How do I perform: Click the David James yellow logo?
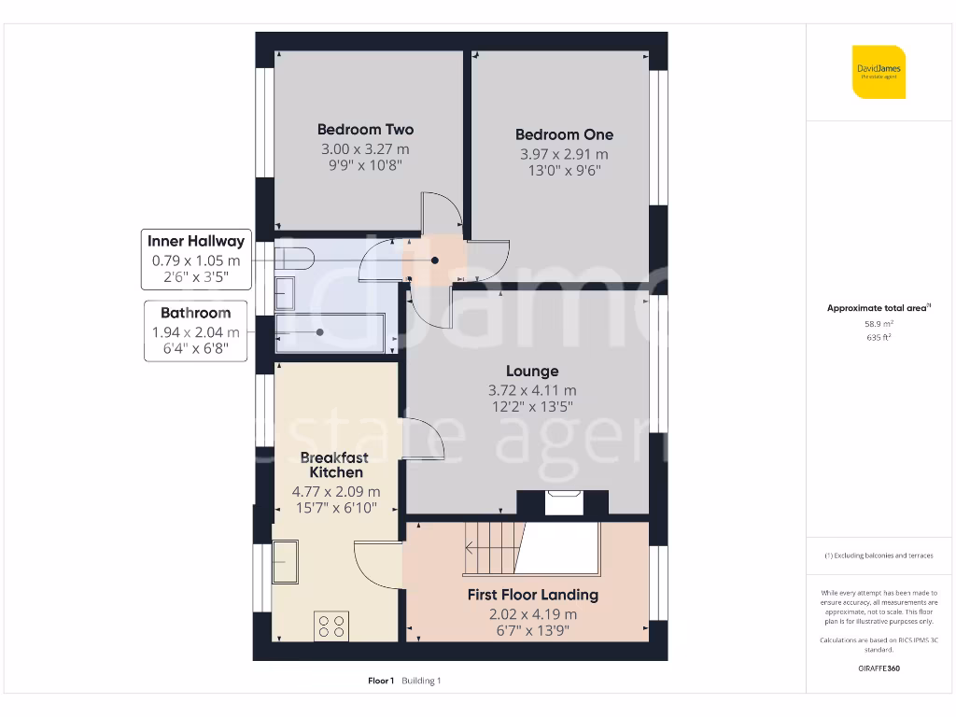coord(879,72)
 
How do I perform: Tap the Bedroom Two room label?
coord(365,130)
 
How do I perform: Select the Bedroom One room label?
coord(564,134)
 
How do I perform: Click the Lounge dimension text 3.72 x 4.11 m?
coord(533,390)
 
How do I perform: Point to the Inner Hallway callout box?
coord(196,260)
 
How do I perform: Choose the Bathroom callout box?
coord(196,331)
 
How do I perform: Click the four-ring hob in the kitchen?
coord(331,626)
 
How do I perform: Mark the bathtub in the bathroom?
coord(331,332)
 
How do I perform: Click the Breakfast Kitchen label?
coord(335,465)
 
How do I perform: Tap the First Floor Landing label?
coord(532,595)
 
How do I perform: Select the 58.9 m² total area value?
coord(879,325)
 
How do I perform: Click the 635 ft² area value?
coord(879,338)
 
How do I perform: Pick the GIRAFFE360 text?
coord(879,668)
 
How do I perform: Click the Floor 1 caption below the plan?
coord(381,681)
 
